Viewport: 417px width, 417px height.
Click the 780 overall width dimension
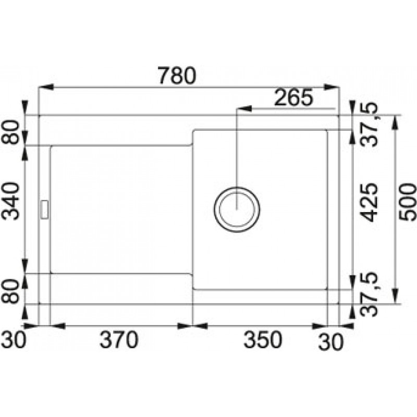click(x=177, y=76)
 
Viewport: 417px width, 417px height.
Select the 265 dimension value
click(x=293, y=97)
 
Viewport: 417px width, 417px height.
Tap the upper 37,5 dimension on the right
click(x=370, y=124)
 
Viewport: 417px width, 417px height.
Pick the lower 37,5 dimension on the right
click(x=370, y=294)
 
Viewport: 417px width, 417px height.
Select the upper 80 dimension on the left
click(x=10, y=132)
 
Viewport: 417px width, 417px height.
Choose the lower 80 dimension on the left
click(x=10, y=291)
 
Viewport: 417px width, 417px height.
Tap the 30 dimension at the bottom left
click(x=14, y=340)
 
